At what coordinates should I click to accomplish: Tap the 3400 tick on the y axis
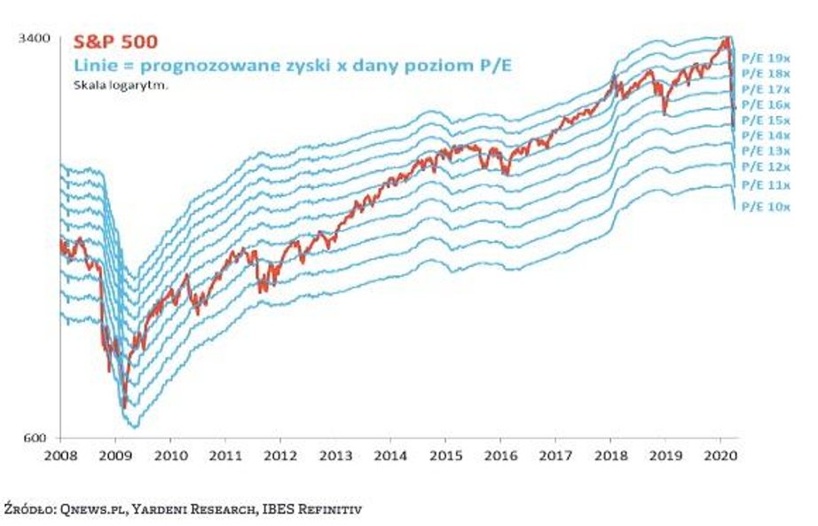(35, 38)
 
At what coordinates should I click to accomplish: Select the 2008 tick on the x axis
(60, 454)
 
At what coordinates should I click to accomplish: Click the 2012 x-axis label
(279, 454)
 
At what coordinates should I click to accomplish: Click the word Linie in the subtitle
(92, 66)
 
